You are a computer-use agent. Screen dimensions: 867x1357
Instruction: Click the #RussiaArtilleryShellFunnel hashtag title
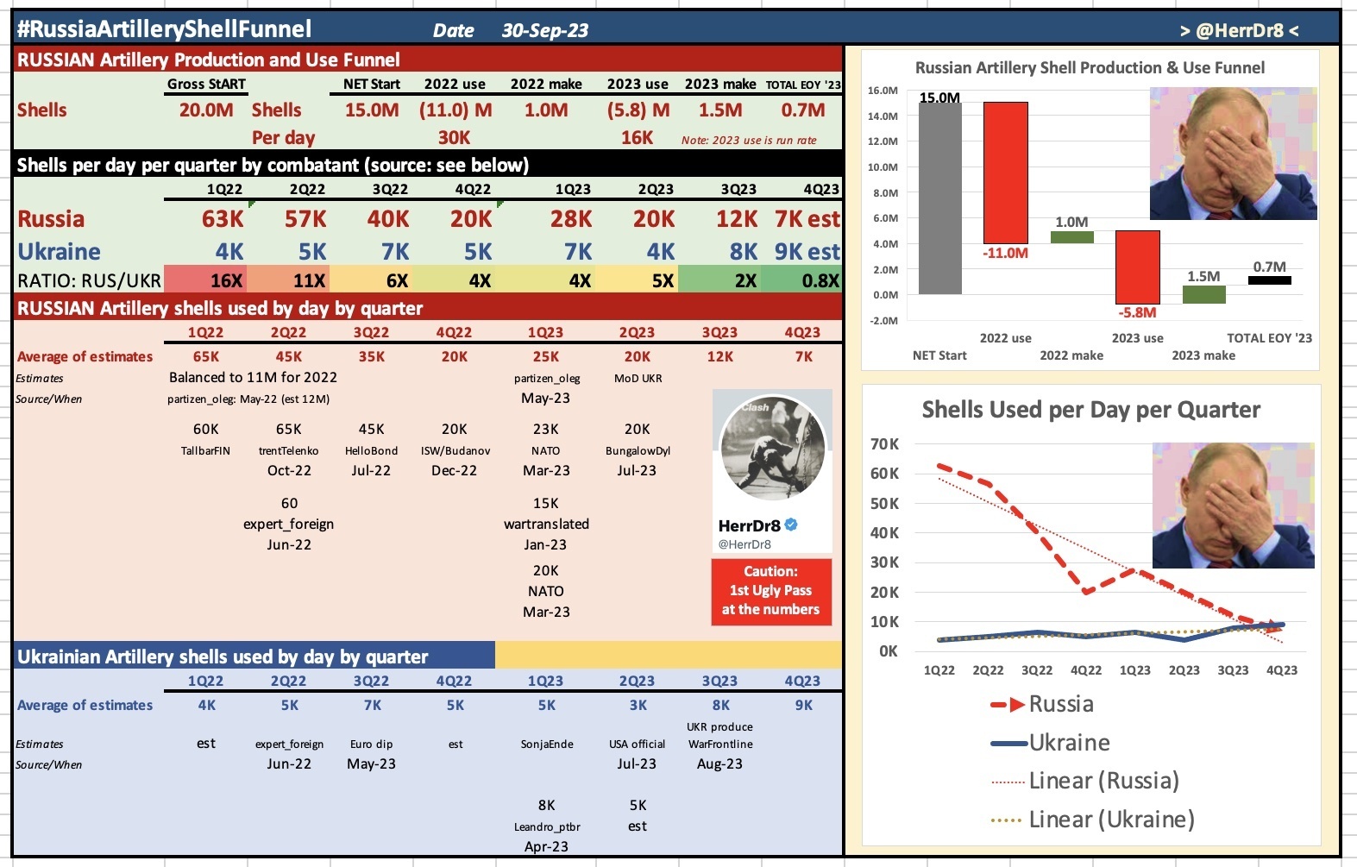tap(164, 29)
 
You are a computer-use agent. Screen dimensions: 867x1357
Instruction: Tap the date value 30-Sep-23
tap(544, 31)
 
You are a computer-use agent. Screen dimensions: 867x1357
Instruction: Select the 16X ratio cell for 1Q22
tap(226, 280)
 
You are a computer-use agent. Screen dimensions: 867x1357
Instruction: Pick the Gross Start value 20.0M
tap(206, 110)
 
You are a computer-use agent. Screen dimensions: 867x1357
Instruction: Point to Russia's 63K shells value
tap(223, 219)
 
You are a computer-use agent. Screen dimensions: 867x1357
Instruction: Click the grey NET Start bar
tap(939, 198)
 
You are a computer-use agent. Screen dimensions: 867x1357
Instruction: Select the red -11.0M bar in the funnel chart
tap(1005, 173)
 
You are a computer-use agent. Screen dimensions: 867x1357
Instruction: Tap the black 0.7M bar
tap(1269, 280)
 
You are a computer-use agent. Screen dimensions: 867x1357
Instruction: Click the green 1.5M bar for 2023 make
tap(1203, 294)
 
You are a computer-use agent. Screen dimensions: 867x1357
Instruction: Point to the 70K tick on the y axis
tap(884, 444)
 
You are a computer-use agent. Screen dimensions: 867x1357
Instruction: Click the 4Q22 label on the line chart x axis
tap(1086, 670)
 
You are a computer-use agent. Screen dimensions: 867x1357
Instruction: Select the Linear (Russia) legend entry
tap(1103, 781)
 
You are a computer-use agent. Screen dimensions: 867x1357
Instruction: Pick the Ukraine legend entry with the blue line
tap(1068, 743)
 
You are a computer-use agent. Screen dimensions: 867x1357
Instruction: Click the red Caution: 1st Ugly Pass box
tap(771, 591)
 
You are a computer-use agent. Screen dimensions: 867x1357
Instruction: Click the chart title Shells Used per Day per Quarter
tap(1090, 410)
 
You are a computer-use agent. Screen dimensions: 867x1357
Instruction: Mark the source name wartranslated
tap(546, 524)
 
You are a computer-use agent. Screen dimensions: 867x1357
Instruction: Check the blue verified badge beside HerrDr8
tap(791, 525)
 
